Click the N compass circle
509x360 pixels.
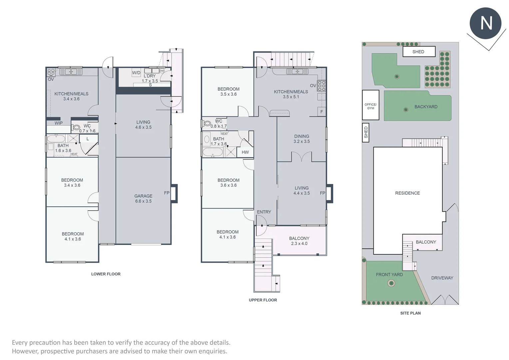tap(485, 23)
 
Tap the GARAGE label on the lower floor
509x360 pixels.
tap(143, 196)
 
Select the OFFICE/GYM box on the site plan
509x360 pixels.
tap(370, 105)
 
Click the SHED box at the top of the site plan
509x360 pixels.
tap(418, 52)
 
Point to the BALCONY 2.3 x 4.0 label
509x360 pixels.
tap(299, 241)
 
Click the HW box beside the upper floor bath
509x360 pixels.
tap(245, 152)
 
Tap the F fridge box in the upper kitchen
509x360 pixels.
tap(321, 112)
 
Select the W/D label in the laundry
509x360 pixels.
tap(136, 73)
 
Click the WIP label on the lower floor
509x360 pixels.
tap(59, 123)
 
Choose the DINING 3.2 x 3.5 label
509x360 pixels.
tap(301, 139)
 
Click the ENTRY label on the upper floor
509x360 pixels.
tap(264, 212)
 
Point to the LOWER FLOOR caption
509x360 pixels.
tap(106, 274)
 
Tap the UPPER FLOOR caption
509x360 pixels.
tap(263, 300)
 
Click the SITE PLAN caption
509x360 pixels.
tap(410, 313)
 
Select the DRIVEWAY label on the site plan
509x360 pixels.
tap(442, 278)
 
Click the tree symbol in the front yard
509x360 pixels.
tap(391, 284)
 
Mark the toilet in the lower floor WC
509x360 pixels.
tap(76, 127)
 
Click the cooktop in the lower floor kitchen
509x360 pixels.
tap(51, 72)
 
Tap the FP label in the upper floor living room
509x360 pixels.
tap(322, 193)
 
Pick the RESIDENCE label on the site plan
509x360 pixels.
tap(407, 193)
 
